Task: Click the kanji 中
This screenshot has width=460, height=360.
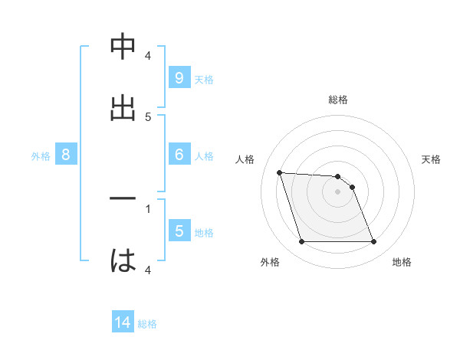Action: coord(123,47)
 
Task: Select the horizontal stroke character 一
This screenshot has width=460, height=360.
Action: coord(123,198)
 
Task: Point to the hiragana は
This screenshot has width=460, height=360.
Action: coord(123,261)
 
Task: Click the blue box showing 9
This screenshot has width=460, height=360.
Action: coord(179,78)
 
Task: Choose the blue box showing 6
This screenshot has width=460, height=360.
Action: coord(179,155)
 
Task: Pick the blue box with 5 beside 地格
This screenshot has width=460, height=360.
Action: coord(179,231)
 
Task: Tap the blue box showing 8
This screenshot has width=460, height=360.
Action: coord(65,155)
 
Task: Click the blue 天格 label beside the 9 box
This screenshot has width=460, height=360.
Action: coord(204,79)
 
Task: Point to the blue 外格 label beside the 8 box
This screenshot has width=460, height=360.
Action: coord(41,155)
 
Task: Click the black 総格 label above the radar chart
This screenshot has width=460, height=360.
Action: coord(338,100)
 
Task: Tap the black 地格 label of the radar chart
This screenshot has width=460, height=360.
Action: coord(402,263)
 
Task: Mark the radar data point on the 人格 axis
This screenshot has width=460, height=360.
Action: coord(279,172)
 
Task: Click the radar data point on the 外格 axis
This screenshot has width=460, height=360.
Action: coord(301,242)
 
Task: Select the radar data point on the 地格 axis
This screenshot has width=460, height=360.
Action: coord(373,242)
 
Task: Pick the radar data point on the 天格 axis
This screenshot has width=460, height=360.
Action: coord(352,187)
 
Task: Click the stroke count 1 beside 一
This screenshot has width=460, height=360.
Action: coord(148,208)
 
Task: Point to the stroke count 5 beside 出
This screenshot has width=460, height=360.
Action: coord(148,116)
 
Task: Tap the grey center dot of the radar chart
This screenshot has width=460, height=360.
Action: coord(337,191)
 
